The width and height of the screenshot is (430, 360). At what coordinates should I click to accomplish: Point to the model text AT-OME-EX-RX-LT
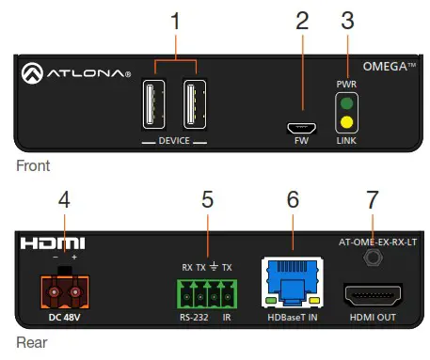[373, 241]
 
